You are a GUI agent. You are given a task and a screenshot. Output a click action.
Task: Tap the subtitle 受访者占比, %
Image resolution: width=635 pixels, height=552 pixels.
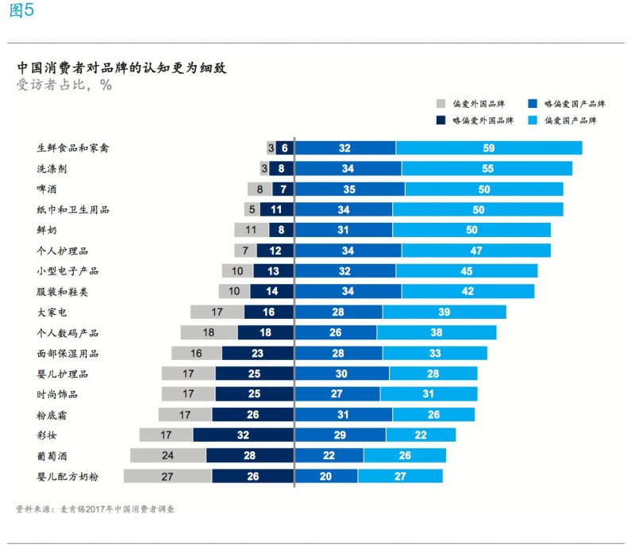coord(63,86)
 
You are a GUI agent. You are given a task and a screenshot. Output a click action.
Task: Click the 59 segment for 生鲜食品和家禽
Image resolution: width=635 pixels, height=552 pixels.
coord(489,148)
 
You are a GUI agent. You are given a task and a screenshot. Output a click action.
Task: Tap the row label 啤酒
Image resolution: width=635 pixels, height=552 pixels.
coord(47,189)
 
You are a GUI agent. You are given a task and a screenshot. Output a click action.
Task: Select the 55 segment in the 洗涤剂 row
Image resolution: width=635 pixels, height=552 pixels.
coord(487,168)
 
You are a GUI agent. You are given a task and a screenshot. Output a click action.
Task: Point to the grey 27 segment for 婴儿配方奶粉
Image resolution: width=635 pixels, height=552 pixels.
coord(167,476)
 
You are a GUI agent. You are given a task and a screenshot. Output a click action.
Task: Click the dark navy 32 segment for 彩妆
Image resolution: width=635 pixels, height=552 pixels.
coord(243,435)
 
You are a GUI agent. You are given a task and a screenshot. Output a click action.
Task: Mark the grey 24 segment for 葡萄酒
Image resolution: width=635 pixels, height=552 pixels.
coord(168,455)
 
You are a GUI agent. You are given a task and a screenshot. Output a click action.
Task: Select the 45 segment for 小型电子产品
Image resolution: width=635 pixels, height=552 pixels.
coord(466,270)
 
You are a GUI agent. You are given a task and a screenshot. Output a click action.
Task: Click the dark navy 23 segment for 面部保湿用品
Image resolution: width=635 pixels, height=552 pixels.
coord(257,353)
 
